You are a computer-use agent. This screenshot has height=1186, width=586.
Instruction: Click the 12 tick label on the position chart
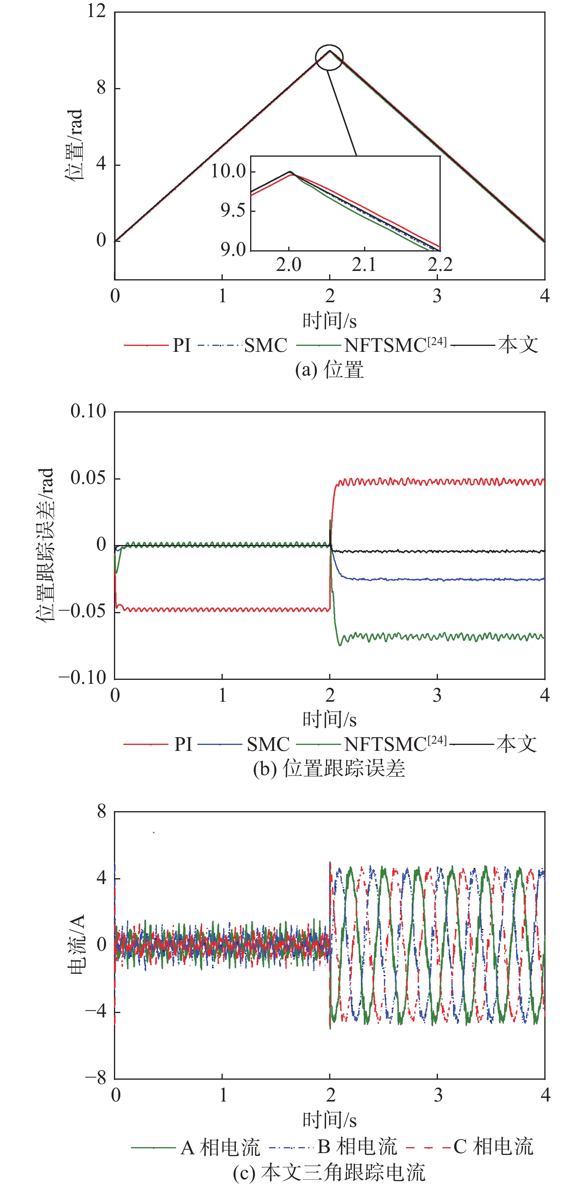click(96, 11)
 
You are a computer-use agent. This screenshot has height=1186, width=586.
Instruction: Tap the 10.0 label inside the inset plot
click(229, 171)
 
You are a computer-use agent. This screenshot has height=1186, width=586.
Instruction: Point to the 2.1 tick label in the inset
click(364, 265)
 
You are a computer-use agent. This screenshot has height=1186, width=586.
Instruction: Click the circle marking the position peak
click(329, 58)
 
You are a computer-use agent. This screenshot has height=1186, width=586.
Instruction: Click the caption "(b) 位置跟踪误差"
click(329, 768)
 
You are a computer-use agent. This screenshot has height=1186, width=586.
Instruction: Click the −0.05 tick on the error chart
click(83, 611)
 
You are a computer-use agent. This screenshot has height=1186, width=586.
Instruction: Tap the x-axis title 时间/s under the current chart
click(330, 1120)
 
